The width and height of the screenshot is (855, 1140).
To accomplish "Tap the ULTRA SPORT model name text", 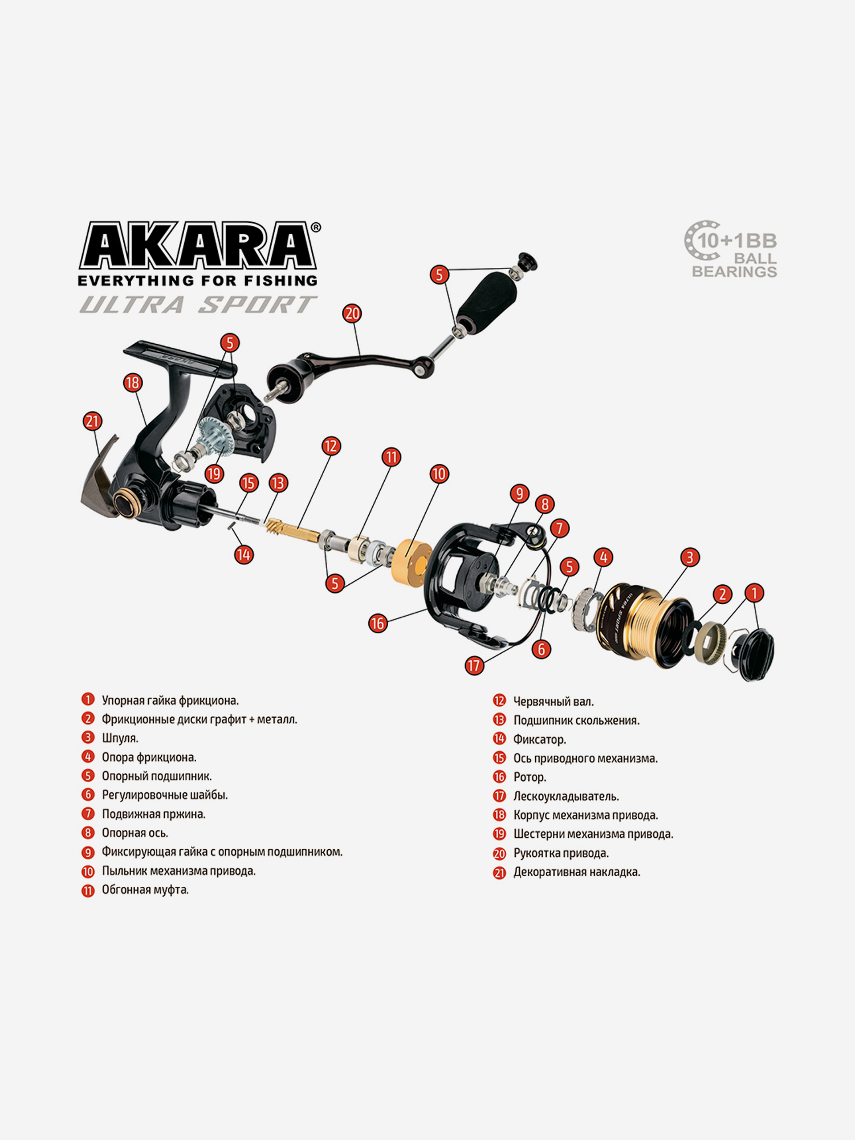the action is [198, 305].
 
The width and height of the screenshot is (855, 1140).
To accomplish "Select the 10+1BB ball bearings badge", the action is [731, 250].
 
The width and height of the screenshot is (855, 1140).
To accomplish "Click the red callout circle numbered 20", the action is [352, 313].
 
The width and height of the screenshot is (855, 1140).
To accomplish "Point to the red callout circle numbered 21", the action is [92, 421].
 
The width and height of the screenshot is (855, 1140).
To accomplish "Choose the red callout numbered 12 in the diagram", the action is [331, 446].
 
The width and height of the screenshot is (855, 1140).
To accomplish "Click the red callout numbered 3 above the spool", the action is [690, 557].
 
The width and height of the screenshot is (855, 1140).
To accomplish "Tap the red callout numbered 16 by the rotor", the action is [377, 624].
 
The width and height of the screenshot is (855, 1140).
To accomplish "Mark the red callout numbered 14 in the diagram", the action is [244, 555].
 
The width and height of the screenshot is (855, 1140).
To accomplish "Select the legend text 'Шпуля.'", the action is [120, 738].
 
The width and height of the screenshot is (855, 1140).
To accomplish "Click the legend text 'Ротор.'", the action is [530, 777].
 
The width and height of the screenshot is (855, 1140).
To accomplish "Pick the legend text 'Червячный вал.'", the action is [553, 702].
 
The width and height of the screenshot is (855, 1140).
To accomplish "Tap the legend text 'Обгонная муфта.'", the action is [145, 890].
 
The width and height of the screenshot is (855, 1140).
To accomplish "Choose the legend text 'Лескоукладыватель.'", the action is [566, 796].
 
